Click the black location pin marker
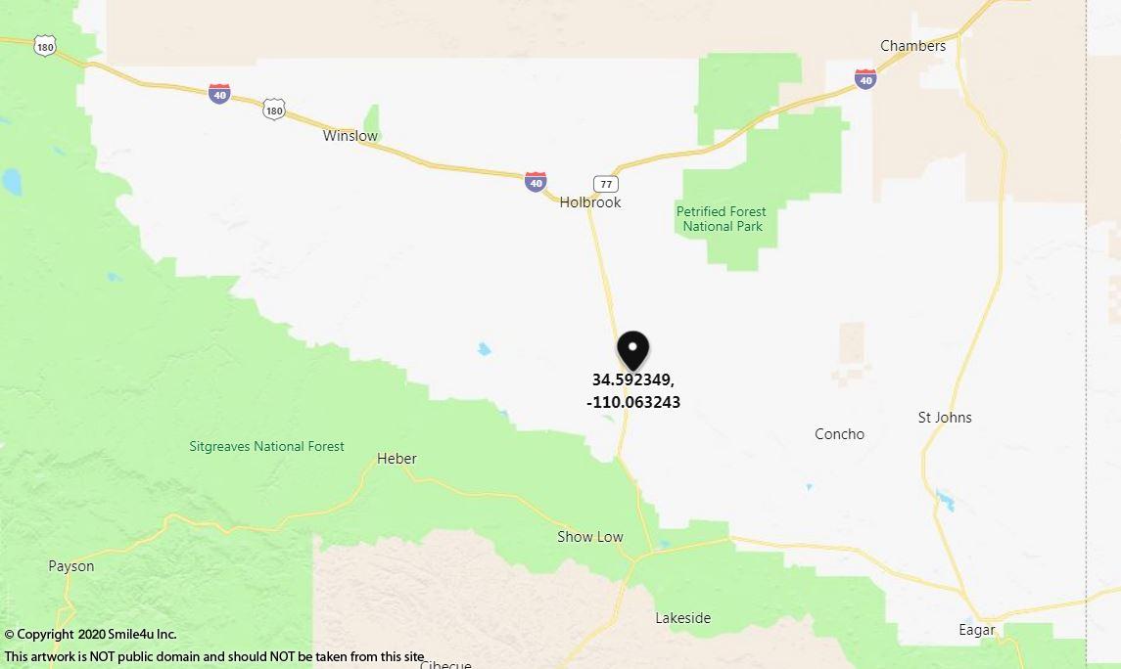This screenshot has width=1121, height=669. (632, 349)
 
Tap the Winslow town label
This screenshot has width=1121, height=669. (350, 136)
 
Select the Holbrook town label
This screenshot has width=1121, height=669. (590, 202)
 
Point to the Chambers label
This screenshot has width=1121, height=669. (912, 46)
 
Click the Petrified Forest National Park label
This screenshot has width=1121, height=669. (722, 218)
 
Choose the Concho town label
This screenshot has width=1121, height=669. (839, 433)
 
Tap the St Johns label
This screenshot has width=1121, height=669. (945, 418)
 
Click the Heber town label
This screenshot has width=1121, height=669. (397, 459)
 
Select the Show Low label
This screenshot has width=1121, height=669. (590, 536)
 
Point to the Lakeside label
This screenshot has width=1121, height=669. (682, 618)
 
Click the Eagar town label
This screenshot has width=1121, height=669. (976, 630)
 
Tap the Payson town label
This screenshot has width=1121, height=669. (71, 566)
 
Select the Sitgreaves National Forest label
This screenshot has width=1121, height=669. (266, 446)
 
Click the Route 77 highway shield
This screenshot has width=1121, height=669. (606, 183)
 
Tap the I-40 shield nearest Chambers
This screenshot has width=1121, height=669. (864, 79)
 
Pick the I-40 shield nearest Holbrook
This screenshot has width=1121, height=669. (535, 181)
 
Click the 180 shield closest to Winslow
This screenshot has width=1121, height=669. (274, 110)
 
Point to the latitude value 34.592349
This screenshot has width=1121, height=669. (632, 379)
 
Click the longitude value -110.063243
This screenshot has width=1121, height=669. (632, 402)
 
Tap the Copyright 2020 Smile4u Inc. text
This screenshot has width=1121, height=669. (90, 635)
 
